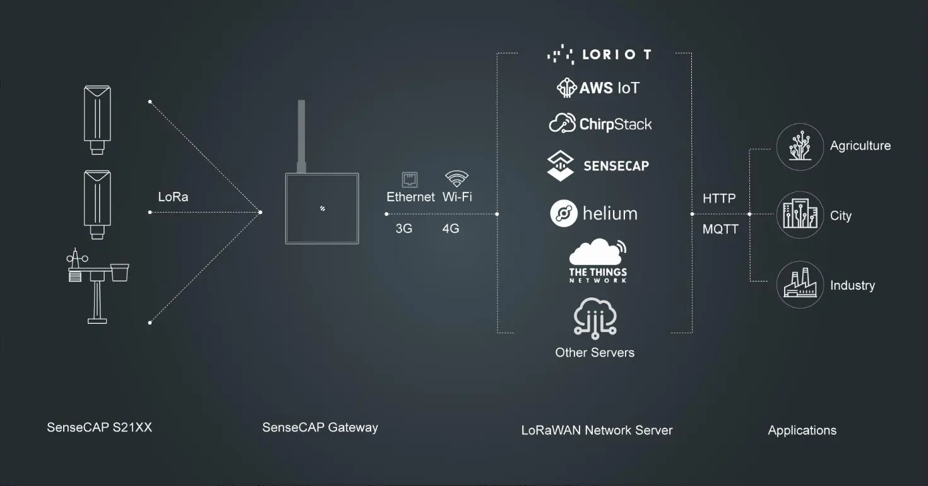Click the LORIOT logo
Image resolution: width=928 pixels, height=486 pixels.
coord(599,54)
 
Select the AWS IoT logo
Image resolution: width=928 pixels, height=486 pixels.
coord(598,88)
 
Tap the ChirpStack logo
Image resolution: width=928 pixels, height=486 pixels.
coord(600,124)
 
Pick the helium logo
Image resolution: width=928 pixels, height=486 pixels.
coord(593,213)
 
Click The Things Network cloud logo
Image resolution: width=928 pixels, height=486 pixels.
coord(598,261)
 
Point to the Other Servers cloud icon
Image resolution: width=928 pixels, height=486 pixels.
coord(595,318)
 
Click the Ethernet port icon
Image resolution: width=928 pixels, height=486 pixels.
coord(410,180)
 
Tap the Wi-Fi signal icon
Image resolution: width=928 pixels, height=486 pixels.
coord(456,179)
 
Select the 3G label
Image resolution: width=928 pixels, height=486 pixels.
coord(404,228)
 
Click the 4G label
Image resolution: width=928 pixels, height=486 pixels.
coord(451,228)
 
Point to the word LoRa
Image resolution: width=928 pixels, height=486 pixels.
coord(173,197)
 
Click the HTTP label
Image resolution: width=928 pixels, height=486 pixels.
coord(719,198)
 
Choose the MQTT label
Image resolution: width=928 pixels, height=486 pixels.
coord(720,229)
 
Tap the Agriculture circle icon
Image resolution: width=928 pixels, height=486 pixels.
coord(800,146)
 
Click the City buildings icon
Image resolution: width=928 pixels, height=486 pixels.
coord(800,215)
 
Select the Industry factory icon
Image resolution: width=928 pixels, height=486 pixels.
coord(800,285)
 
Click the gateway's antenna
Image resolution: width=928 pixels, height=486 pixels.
coord(301,136)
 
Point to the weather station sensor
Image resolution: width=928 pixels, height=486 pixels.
coord(97,286)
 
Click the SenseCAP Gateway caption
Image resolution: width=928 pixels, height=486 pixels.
coord(320,427)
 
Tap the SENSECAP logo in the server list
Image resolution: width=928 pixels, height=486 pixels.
coord(598,166)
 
